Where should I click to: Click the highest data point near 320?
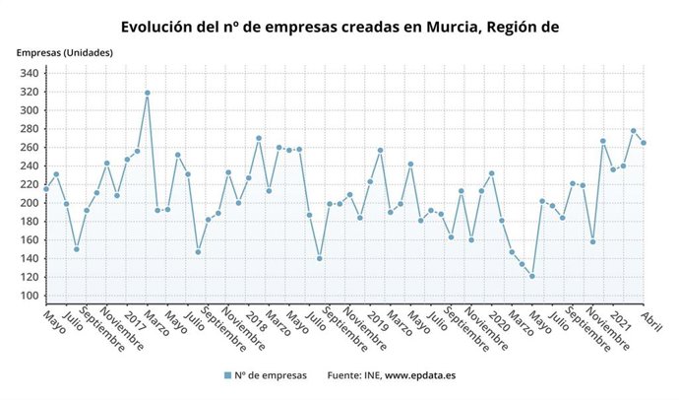pos(148,94)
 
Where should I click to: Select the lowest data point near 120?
pos(532,277)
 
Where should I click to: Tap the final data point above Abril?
pos(644,143)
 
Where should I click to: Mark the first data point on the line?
pos(46,189)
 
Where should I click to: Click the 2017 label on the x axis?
pos(135,320)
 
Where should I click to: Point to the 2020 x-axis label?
pos(499,320)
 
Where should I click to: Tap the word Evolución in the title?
pos(161,27)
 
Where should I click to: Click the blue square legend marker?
pos(227,375)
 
